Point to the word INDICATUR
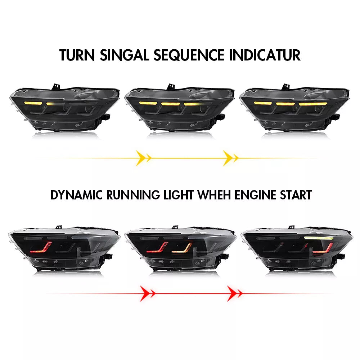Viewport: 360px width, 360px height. click(265, 55)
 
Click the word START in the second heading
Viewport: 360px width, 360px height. click(296, 195)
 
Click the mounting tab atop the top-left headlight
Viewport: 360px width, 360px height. click(56, 87)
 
